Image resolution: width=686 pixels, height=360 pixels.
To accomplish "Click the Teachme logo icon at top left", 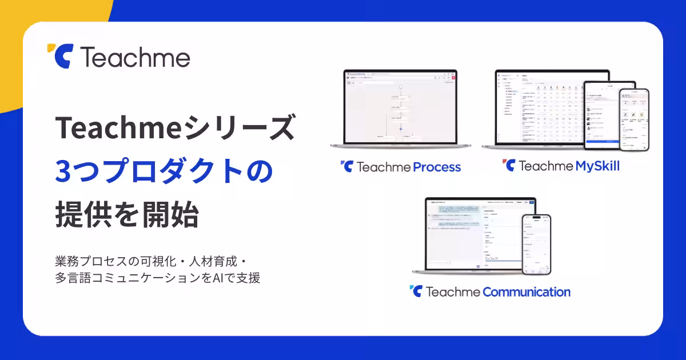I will [x=59, y=56].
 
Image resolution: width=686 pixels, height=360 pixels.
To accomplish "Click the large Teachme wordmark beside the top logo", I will [x=135, y=57].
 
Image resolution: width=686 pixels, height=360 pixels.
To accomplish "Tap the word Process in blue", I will [x=437, y=167].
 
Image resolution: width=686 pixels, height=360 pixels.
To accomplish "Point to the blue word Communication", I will [x=526, y=292].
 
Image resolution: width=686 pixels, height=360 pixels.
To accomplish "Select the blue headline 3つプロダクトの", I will [x=165, y=172].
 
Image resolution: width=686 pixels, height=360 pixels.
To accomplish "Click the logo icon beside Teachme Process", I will [x=346, y=166].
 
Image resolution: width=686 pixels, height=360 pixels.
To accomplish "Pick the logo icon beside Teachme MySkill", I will [x=508, y=166].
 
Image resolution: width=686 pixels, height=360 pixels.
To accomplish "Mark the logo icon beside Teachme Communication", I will [x=416, y=291].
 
